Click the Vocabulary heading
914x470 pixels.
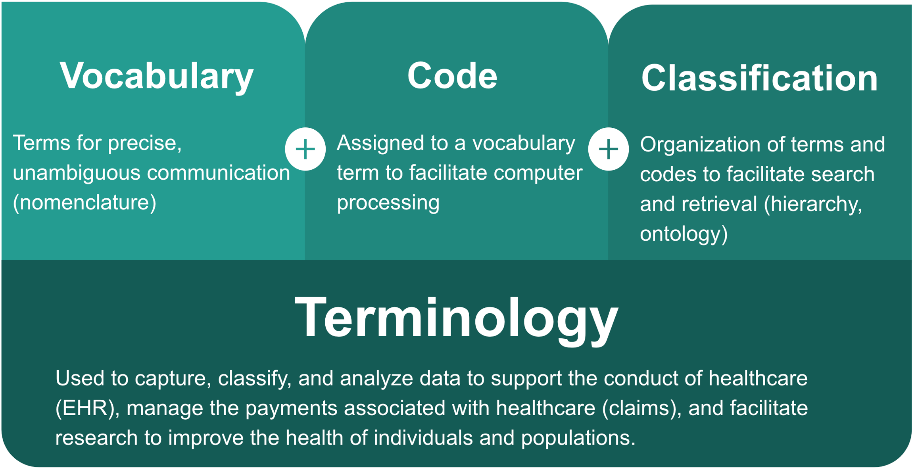[156, 77]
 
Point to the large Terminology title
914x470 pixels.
[456, 320]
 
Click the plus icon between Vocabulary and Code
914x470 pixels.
[305, 150]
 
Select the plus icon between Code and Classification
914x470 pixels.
[608, 150]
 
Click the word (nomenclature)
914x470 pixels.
[84, 203]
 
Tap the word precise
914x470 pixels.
[144, 143]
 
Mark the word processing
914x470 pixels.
[388, 203]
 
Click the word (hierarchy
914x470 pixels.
[813, 204]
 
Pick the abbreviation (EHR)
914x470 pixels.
[87, 408]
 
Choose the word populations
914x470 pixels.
[578, 438]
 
